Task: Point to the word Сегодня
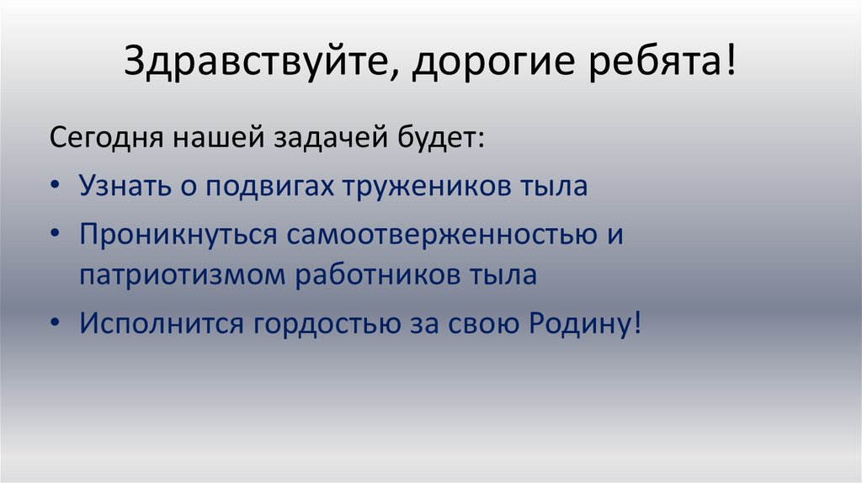107,138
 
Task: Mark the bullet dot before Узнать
56,187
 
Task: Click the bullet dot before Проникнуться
56,233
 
